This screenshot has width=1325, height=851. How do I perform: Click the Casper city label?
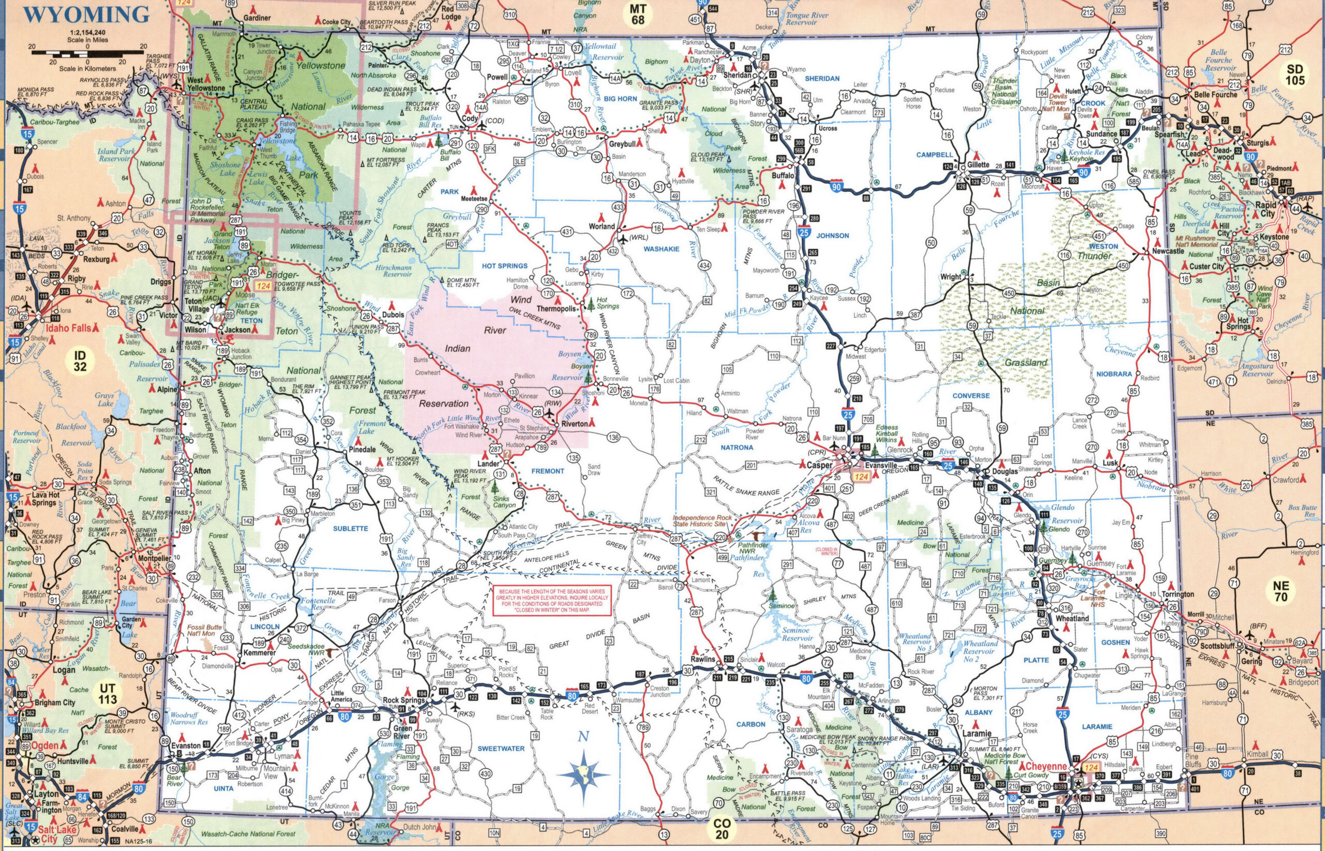click(819, 465)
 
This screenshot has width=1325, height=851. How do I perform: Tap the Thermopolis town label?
click(556, 308)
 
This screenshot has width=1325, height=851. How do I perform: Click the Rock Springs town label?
click(404, 700)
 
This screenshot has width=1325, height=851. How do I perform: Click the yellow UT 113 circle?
click(107, 695)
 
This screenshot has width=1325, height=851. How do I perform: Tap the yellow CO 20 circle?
click(722, 829)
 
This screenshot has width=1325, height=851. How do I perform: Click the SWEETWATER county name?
click(501, 749)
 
